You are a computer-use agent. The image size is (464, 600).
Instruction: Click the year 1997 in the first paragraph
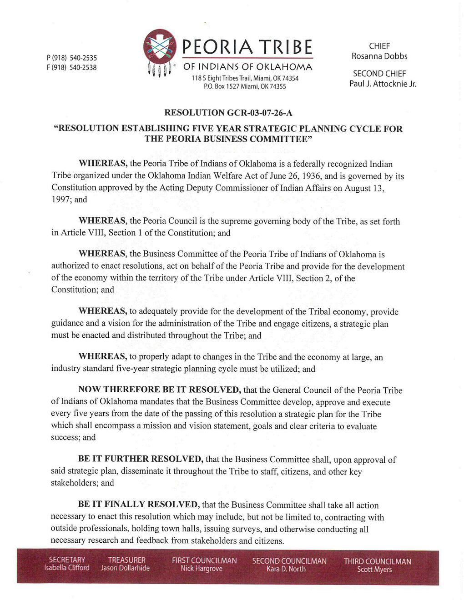[61, 200]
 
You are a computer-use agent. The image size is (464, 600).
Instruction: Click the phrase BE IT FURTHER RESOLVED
[140, 459]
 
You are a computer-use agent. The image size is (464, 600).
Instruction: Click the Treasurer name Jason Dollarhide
[125, 568]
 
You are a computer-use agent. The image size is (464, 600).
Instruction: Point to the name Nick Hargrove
[202, 569]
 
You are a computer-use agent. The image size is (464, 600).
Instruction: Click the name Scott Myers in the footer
[374, 569]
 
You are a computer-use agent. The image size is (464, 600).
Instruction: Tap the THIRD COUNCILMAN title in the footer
[377, 561]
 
